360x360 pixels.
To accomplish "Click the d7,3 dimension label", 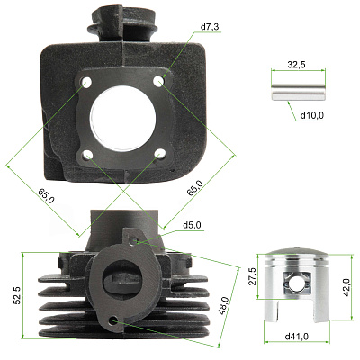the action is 210,27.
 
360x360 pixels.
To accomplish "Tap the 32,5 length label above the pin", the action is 296,65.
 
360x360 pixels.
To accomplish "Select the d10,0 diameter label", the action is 312,115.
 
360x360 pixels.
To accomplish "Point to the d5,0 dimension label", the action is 192,225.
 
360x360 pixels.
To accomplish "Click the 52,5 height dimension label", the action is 17,295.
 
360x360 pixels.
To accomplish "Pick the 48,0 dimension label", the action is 223,305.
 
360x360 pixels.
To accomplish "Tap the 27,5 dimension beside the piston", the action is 252,276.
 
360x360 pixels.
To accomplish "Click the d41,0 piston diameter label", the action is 296,337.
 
